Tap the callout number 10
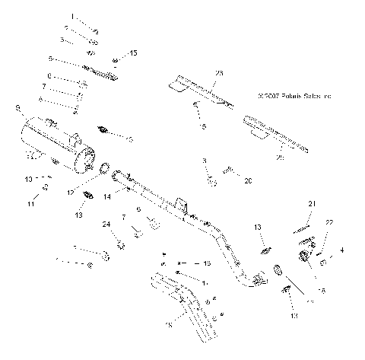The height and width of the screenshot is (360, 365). tap(28, 179)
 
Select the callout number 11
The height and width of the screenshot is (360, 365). tap(32, 205)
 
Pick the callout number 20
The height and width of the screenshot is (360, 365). tap(248, 181)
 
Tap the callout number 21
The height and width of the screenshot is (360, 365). tap(311, 204)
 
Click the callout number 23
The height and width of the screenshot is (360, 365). tap(219, 72)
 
